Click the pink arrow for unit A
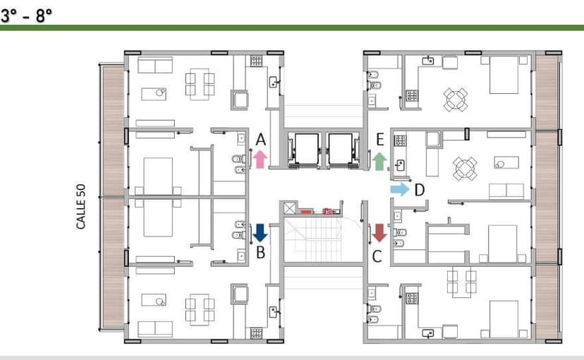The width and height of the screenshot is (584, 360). click(260, 159)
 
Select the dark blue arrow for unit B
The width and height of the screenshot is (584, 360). click(260, 233)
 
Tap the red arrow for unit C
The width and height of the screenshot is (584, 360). click(379, 233)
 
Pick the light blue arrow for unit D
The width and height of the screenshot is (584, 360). click(400, 189)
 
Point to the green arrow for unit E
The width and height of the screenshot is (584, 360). click(379, 161)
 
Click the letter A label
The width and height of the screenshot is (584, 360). click(261, 140)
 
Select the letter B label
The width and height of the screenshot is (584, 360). click(260, 253)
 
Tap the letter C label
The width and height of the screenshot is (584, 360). click(377, 256)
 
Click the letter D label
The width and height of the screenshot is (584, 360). click(420, 190)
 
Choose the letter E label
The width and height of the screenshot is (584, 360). click(380, 139)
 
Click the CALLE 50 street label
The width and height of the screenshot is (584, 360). click(81, 206)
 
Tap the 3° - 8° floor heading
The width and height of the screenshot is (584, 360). click(26, 16)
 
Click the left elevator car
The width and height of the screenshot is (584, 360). click(306, 149)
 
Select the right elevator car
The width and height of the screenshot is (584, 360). click(340, 149)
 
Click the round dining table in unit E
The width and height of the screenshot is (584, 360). click(456, 100)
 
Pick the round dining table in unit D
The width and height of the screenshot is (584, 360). click(465, 169)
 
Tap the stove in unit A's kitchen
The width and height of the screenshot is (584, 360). click(256, 61)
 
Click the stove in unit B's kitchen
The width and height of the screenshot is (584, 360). click(256, 332)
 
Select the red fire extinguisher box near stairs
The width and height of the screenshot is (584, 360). click(327, 211)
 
